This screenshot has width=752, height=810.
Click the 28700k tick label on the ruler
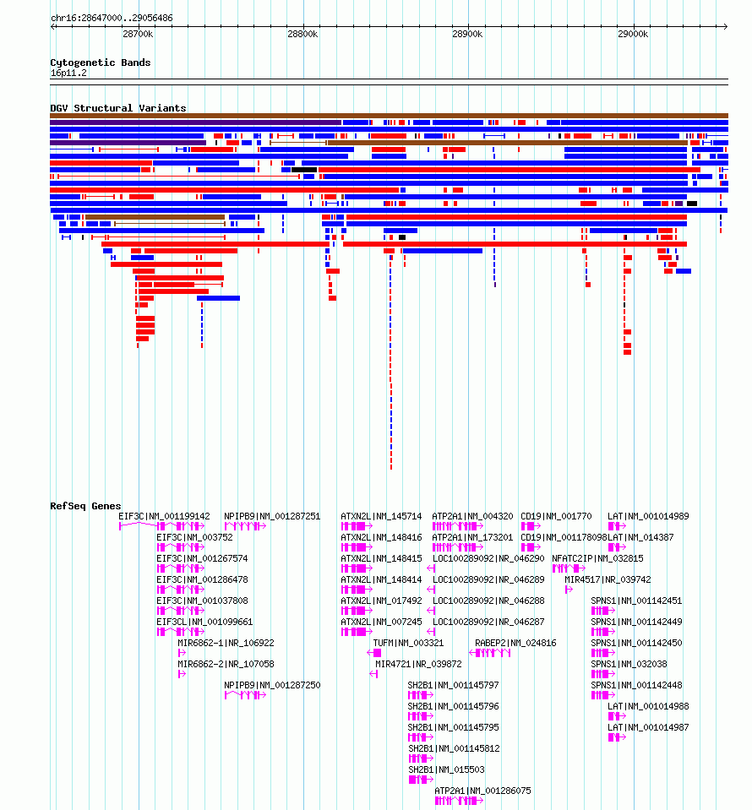tap(138, 34)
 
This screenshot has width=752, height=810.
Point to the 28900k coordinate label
tap(467, 34)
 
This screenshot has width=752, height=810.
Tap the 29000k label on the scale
tap(633, 34)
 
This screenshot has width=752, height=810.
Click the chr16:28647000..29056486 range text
tap(112, 18)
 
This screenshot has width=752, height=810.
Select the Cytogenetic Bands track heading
tap(101, 63)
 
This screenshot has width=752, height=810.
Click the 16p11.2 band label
tap(68, 73)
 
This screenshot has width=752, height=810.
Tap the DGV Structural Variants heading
tap(117, 108)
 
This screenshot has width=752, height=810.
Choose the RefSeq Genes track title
tap(85, 506)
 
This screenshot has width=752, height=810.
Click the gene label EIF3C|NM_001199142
tap(165, 516)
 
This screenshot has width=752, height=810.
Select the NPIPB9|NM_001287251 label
tap(272, 516)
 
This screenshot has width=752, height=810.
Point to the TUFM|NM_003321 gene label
tap(408, 643)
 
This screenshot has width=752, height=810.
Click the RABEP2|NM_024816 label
tap(515, 643)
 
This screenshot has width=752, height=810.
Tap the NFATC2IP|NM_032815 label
tap(597, 558)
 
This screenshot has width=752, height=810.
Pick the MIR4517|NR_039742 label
tap(608, 579)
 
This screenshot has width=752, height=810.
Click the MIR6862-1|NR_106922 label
tap(226, 643)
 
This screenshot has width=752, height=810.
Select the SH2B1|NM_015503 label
tap(446, 769)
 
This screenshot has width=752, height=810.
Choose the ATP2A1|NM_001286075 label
tap(482, 791)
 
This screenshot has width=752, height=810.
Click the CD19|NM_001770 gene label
tap(556, 516)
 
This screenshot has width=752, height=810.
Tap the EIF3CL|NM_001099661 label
tap(204, 622)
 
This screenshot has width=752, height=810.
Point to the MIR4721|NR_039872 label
tap(418, 664)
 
